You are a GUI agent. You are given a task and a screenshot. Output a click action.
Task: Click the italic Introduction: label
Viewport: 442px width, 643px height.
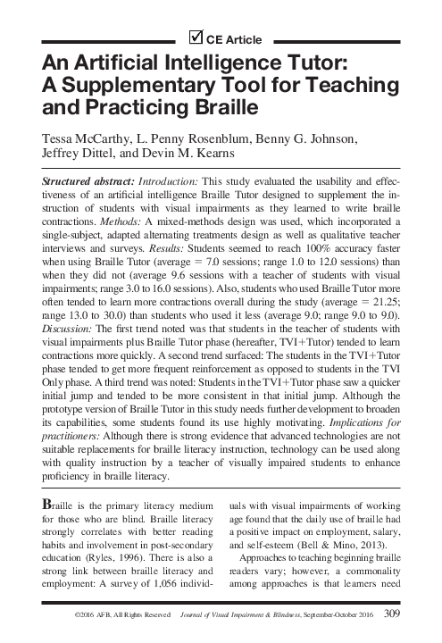coord(170,180)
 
